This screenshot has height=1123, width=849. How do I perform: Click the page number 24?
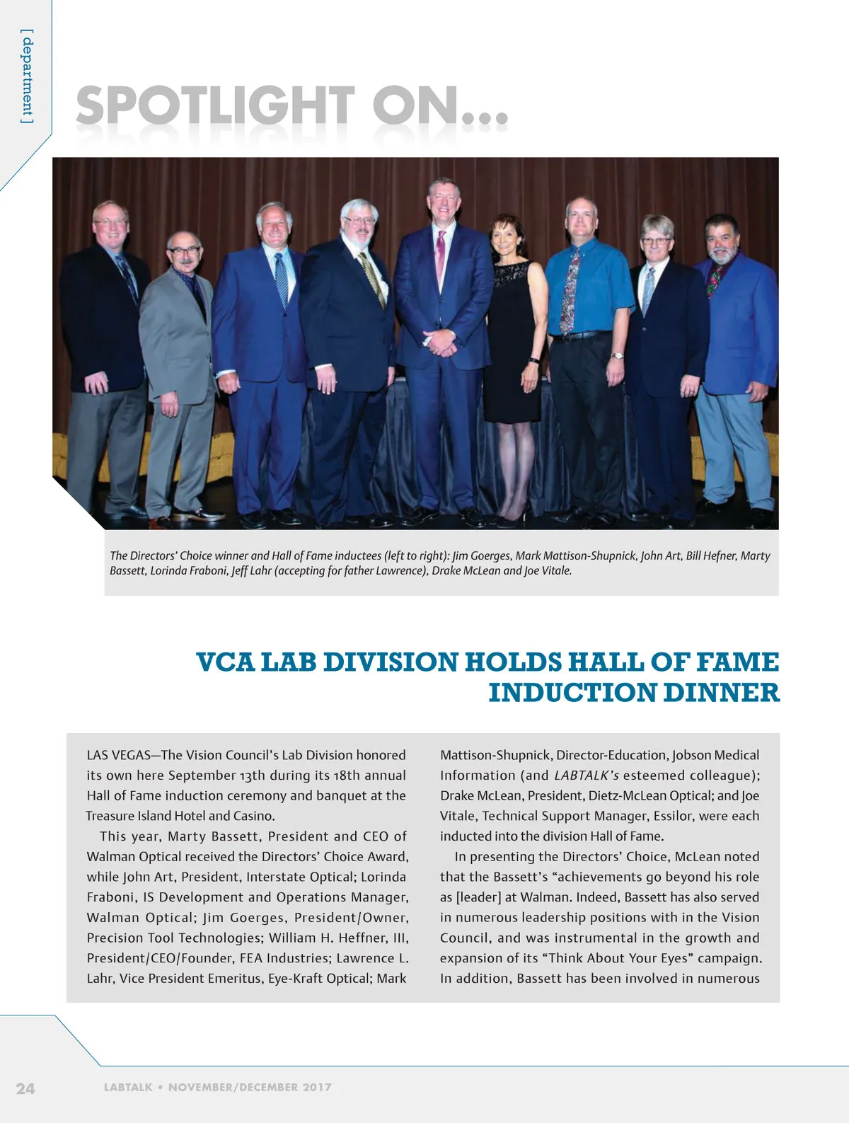[x=25, y=1088]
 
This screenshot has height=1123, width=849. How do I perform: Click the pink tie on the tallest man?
[x=440, y=255]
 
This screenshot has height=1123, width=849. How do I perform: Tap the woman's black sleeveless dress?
[x=510, y=340]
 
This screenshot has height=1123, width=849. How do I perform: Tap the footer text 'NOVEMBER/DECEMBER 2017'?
[x=250, y=1088]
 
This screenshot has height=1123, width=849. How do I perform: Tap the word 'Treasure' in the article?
[x=110, y=816]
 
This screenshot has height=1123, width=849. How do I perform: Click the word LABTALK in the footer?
[x=127, y=1088]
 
